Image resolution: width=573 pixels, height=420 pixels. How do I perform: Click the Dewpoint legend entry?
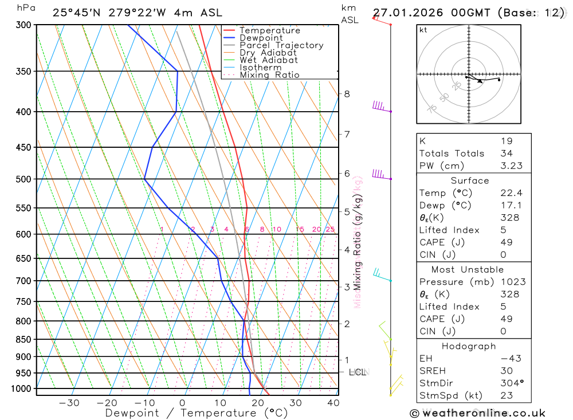[x=261, y=38]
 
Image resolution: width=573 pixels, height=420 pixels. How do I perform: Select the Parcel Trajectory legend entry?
[x=281, y=45]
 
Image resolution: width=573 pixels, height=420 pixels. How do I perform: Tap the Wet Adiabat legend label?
[x=269, y=60]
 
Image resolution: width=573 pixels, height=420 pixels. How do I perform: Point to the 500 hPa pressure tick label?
[x=25, y=179]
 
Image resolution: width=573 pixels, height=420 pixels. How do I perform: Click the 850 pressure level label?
[x=25, y=339]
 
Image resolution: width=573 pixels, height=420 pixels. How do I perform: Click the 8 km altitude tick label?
[x=347, y=94]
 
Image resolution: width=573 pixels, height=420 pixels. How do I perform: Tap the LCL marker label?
[x=357, y=372]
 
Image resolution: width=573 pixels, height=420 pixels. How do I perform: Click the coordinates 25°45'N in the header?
[x=77, y=13]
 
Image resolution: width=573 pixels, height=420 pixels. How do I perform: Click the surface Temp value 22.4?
[x=511, y=193]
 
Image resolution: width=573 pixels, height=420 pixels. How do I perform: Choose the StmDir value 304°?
[x=511, y=383]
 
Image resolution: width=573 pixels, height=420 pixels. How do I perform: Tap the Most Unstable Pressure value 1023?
[x=512, y=282]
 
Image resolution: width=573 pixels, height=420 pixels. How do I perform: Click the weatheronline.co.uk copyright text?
[x=477, y=413]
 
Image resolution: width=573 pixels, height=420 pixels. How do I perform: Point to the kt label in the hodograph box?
[x=423, y=30]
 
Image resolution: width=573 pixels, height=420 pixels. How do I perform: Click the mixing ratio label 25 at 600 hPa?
[x=330, y=229]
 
